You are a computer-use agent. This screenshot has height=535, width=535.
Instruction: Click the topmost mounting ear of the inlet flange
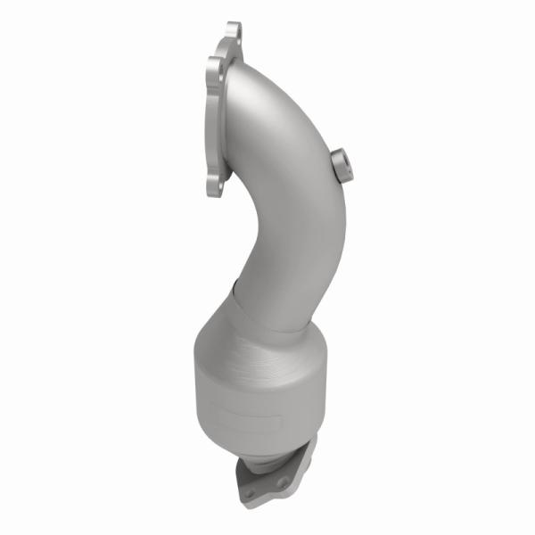(234, 32)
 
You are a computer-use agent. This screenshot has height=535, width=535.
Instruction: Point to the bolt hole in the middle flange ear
(214, 66)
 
